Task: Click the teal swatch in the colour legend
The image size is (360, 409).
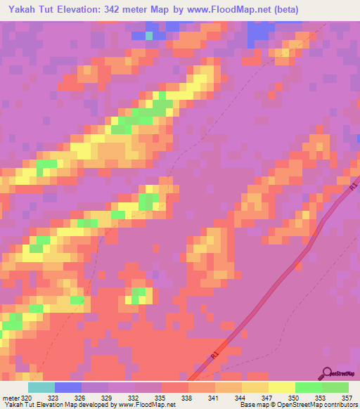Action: pyautogui.click(x=41, y=387)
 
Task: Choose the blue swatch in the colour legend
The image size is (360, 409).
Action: pyautogui.click(x=68, y=387)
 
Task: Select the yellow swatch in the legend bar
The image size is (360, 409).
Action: pyautogui.click(x=282, y=387)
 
